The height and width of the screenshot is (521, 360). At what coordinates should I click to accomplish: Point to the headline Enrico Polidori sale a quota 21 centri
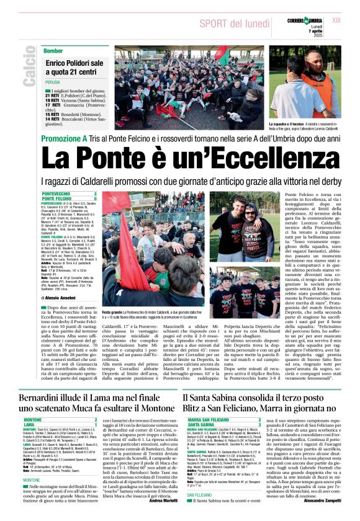[74, 68]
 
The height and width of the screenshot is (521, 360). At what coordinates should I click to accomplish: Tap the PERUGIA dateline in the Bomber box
[52, 82]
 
